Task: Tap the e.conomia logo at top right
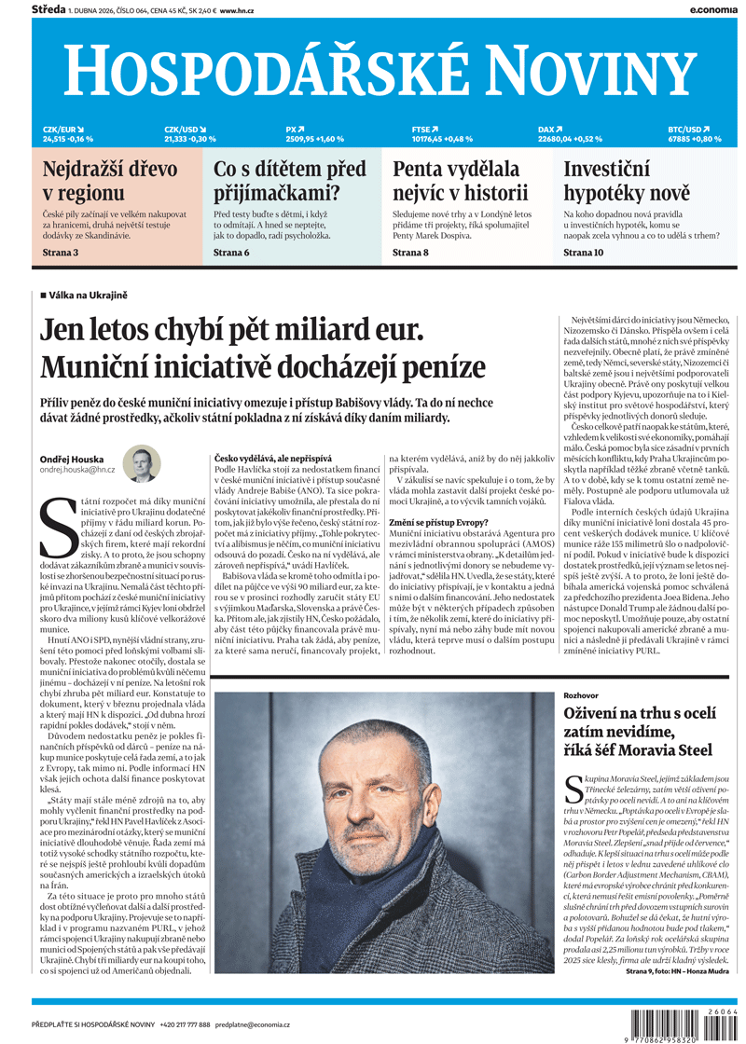[715, 8]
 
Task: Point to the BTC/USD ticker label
[689, 130]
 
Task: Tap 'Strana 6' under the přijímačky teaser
[231, 253]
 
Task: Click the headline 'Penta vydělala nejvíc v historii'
[461, 182]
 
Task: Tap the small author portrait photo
[144, 465]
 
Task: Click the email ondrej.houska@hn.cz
[77, 470]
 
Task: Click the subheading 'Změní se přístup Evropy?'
[438, 522]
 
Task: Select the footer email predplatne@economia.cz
[253, 1023]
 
